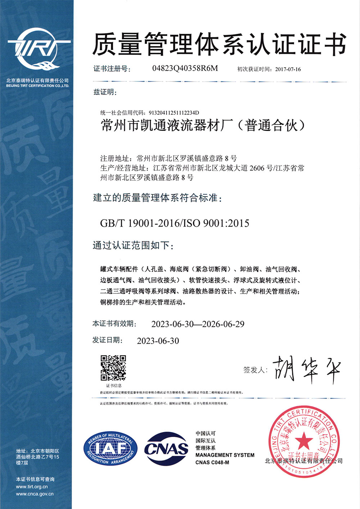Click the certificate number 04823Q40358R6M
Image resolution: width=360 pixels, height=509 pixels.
[x=185, y=68]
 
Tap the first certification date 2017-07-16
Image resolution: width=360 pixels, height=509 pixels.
[x=288, y=69]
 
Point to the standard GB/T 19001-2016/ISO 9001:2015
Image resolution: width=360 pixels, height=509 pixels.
[x=175, y=223]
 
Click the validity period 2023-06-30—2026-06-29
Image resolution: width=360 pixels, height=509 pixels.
[x=198, y=324]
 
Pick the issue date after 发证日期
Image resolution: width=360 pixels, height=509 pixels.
[x=158, y=341]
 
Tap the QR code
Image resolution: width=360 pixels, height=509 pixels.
[x=113, y=368]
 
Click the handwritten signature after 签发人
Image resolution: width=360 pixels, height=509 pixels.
[x=306, y=370]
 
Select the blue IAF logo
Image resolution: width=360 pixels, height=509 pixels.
[x=111, y=449]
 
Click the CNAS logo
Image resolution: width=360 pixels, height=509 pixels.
[x=166, y=449]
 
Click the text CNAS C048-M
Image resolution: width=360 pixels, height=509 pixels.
[x=212, y=463]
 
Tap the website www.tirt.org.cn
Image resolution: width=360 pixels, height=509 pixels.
[x=32, y=487]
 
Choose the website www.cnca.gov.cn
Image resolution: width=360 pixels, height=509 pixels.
[x=35, y=494]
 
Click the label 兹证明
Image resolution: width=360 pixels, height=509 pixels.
[x=105, y=92]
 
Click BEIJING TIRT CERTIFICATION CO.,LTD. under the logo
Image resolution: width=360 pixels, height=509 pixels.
[x=37, y=86]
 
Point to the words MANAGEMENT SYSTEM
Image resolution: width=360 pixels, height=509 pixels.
[x=225, y=455]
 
